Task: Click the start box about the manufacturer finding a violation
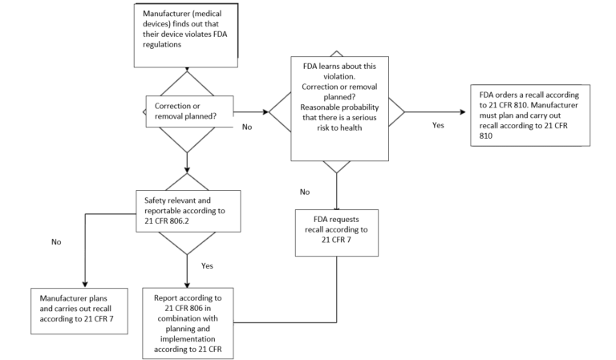click(187, 35)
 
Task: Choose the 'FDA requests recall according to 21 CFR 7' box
click(336, 232)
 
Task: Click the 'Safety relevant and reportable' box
click(187, 211)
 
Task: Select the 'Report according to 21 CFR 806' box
click(188, 321)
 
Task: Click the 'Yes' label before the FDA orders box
click(438, 126)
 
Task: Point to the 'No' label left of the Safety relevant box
click(55, 241)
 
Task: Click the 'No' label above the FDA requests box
click(305, 192)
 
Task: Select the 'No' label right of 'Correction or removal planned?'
click(247, 127)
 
